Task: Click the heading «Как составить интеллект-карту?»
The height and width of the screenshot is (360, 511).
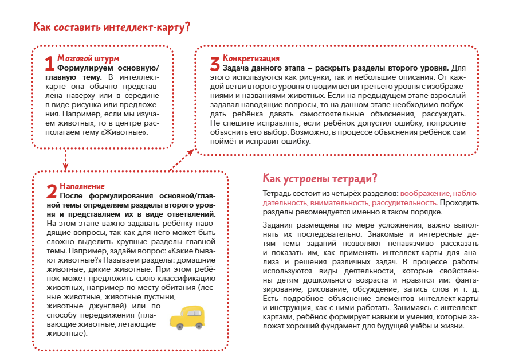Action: click(x=112, y=28)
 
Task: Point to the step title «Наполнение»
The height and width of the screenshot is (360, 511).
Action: click(x=82, y=186)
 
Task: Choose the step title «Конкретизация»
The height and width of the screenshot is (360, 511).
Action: click(x=251, y=58)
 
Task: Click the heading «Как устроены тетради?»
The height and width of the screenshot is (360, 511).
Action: click(x=319, y=177)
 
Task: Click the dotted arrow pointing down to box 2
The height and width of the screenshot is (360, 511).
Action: click(x=66, y=159)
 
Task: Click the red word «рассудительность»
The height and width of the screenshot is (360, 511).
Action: click(x=404, y=202)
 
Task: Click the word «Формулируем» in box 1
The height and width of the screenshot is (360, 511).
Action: click(x=86, y=67)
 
